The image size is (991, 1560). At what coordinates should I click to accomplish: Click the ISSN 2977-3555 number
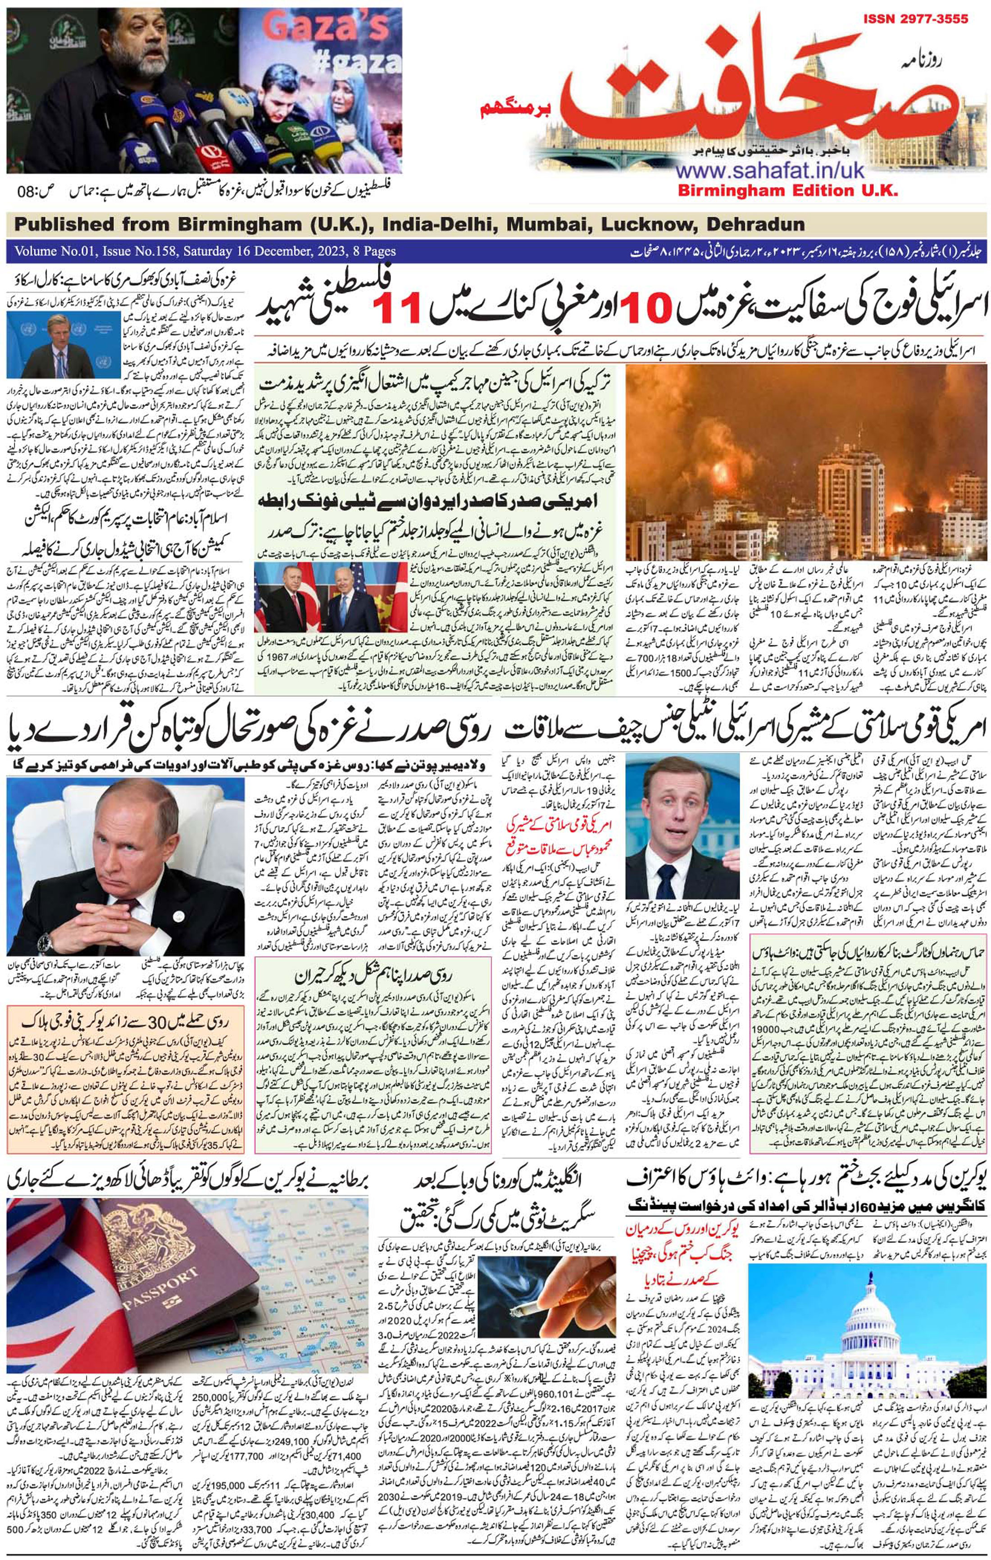[x=916, y=19]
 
